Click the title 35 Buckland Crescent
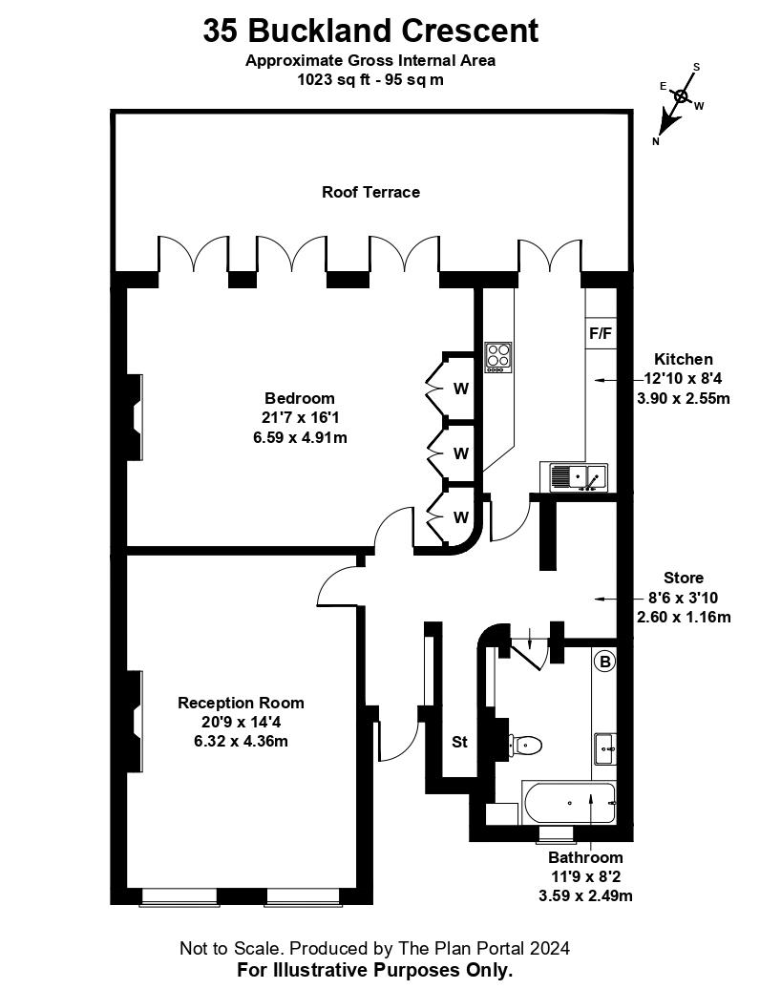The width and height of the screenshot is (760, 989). click(370, 31)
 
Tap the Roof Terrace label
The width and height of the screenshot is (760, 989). click(370, 192)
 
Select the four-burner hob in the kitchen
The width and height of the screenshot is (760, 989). click(497, 357)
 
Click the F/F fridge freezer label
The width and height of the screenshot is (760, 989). click(600, 333)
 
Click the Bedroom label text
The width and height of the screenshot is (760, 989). click(300, 398)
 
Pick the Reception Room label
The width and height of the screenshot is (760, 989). click(242, 703)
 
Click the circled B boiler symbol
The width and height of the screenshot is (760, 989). click(603, 661)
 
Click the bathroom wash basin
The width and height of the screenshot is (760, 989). click(604, 748)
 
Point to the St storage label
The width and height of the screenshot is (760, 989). click(459, 742)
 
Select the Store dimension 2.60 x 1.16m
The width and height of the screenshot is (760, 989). click(684, 617)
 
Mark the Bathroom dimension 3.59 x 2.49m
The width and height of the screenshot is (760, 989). click(585, 895)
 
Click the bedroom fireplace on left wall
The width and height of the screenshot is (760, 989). click(137, 416)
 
